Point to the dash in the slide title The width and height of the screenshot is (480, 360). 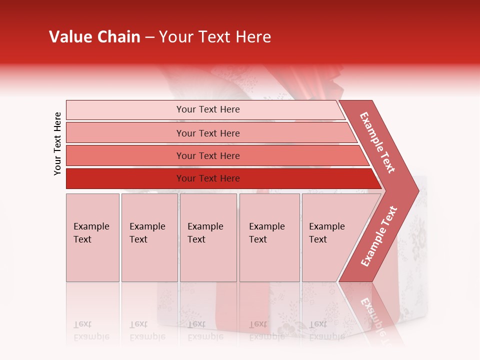[x=149, y=37]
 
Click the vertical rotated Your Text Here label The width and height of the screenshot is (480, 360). [x=57, y=143]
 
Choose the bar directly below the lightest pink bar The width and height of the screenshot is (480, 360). [x=207, y=133]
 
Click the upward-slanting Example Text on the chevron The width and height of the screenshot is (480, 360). [x=379, y=236]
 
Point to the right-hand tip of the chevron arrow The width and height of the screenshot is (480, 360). [x=417, y=190]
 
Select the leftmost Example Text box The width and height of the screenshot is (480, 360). [x=92, y=237]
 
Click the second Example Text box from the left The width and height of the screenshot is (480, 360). [x=149, y=237]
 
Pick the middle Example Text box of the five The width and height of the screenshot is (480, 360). [x=208, y=237]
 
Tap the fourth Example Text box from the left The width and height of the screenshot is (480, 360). [x=269, y=237]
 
